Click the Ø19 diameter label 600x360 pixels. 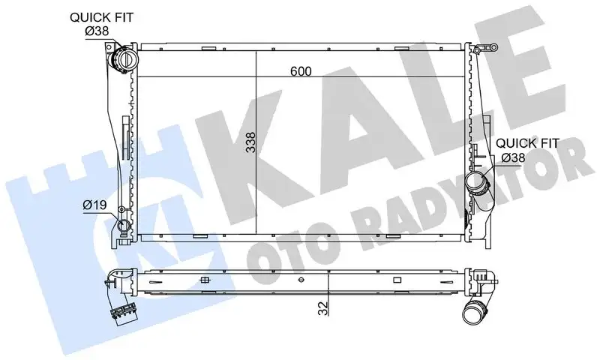94,204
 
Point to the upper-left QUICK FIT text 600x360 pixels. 102,16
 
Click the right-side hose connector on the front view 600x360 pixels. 476,181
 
